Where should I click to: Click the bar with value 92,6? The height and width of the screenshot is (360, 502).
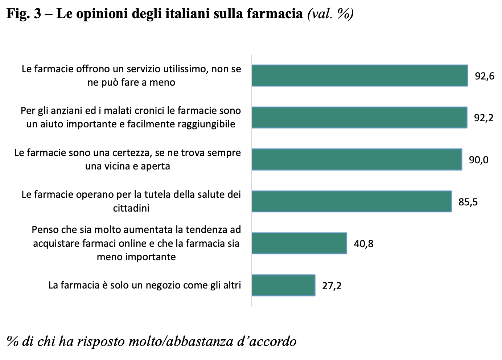(359, 75)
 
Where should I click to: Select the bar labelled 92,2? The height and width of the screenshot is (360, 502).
(359, 118)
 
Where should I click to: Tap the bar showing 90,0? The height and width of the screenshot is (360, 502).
(357, 159)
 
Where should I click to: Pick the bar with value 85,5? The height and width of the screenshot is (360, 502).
(351, 201)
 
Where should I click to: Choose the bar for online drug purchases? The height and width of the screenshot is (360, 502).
(299, 243)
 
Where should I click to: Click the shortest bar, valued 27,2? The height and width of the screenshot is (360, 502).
(283, 285)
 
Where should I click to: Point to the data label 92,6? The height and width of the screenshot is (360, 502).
(485, 76)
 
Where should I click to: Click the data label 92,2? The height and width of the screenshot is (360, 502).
(484, 118)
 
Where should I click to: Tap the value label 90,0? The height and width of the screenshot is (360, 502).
(479, 160)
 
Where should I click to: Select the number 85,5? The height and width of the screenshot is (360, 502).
(468, 202)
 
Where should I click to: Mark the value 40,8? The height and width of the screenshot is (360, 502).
(363, 244)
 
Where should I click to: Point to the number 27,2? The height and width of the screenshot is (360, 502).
(332, 286)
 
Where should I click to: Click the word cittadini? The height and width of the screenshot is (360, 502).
(131, 208)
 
